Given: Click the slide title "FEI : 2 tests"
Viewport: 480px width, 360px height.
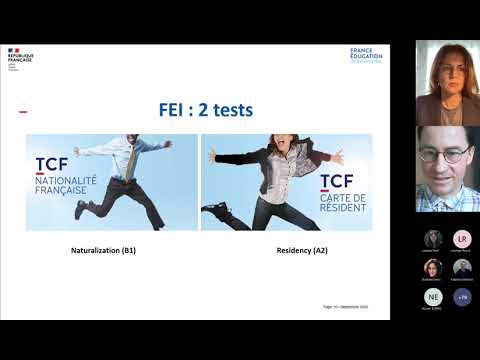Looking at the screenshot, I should (x=207, y=111).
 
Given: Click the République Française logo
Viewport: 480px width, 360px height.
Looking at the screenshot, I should (x=20, y=56).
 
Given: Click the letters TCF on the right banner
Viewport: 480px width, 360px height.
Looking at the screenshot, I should (x=336, y=181).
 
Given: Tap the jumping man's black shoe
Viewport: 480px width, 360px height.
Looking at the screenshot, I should (x=81, y=209).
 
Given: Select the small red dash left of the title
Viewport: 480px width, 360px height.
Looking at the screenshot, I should (x=23, y=112).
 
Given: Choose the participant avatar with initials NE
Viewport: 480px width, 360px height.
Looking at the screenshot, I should (x=433, y=296).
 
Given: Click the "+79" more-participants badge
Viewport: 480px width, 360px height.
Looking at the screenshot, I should (x=461, y=296).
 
